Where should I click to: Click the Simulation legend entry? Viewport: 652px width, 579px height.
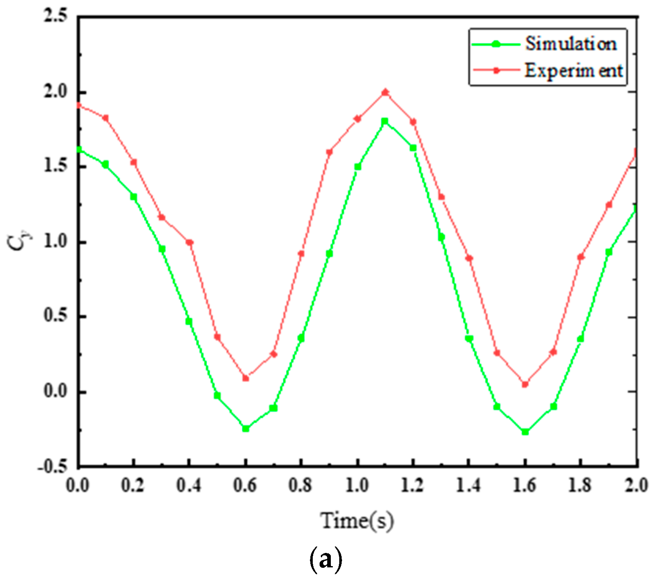click(570, 44)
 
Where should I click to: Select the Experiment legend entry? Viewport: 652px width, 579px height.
click(573, 71)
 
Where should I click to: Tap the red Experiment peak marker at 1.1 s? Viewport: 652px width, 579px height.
click(385, 92)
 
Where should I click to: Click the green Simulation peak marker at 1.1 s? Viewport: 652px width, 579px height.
click(385, 121)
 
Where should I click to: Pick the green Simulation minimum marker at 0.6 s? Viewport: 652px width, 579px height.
click(246, 429)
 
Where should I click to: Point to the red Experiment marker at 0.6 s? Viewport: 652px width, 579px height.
click(246, 378)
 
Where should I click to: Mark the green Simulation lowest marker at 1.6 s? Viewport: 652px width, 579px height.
click(525, 432)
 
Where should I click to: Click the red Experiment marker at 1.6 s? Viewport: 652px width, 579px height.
click(525, 384)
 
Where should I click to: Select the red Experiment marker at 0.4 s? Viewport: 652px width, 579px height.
click(190, 242)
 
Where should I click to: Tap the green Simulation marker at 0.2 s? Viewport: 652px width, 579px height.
click(134, 197)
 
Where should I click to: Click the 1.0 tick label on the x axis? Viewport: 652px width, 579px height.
click(357, 486)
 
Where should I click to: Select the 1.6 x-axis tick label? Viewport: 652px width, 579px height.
click(525, 486)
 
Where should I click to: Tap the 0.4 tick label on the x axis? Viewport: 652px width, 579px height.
click(189, 486)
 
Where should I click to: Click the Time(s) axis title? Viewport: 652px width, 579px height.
click(357, 521)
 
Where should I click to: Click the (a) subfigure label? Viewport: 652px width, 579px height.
click(326, 560)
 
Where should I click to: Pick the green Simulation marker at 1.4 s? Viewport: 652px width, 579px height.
click(469, 339)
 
